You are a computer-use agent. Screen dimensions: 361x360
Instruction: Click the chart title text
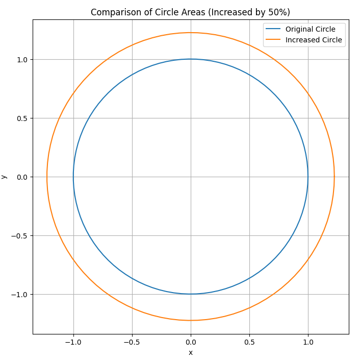190,12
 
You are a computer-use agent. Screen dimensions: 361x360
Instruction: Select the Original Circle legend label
310,29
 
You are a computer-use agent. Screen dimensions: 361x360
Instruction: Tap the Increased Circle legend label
314,40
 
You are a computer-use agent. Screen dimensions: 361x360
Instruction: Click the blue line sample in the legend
273,29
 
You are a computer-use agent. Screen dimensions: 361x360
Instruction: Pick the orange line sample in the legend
273,40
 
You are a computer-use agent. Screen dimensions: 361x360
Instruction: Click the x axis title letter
191,353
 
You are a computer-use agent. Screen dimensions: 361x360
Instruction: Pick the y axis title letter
5,177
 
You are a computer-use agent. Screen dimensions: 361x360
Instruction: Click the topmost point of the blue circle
191,59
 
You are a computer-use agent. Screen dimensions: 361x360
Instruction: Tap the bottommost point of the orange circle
191,321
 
